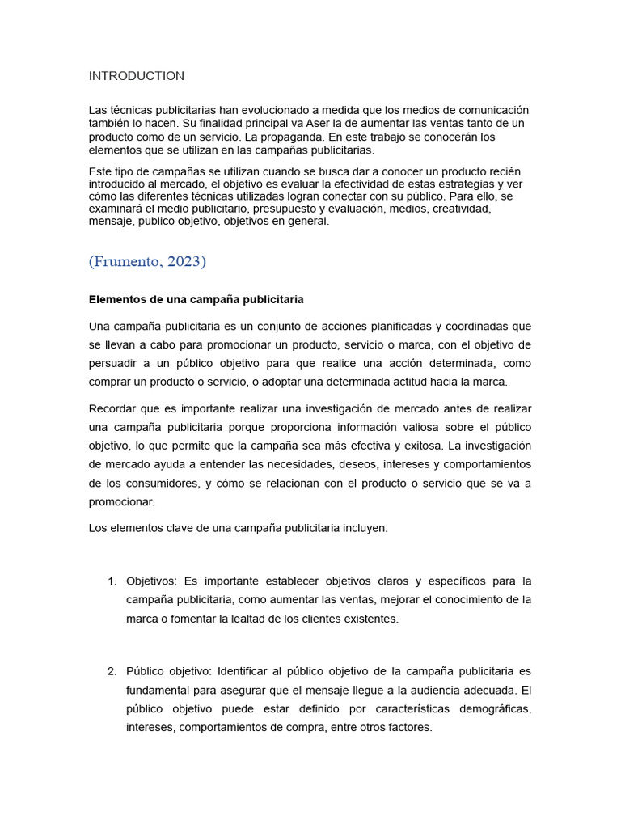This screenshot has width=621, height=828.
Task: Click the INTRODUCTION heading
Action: click(137, 76)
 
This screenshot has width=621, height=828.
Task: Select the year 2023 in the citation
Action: click(185, 261)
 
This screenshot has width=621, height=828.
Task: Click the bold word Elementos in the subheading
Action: click(116, 299)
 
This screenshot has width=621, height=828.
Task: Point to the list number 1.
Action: click(112, 581)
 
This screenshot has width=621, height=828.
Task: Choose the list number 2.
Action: click(112, 671)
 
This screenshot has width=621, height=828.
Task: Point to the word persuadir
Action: click(116, 364)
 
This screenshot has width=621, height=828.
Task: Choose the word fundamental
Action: click(163, 690)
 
